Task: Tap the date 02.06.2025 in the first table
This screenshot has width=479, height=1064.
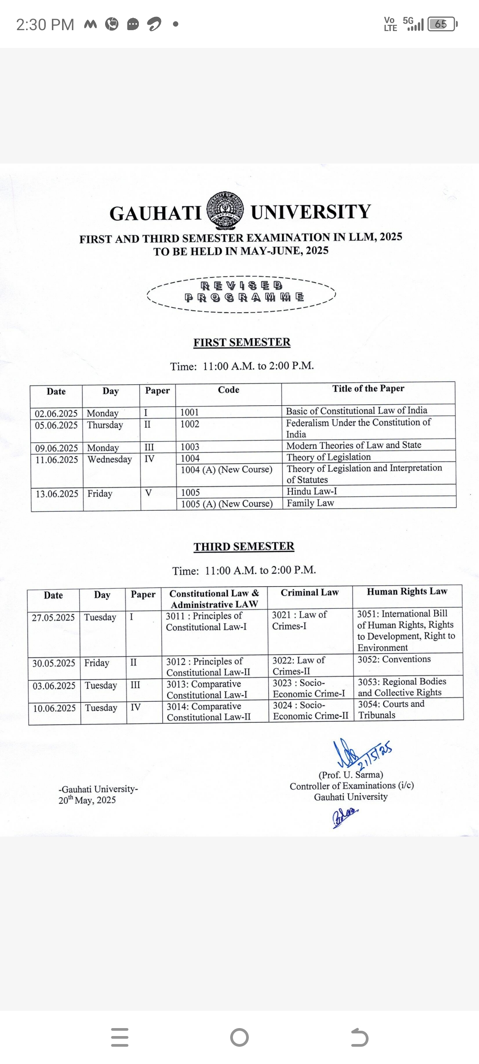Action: pos(56,414)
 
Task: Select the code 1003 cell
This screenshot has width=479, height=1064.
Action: pos(190,447)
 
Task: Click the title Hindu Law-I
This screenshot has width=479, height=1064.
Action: pos(312,491)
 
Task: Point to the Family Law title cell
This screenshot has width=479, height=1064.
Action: pos(310,503)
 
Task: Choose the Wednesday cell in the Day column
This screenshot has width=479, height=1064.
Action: pos(110,459)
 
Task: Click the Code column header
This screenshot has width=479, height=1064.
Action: pos(228,390)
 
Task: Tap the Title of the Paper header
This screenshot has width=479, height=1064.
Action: pos(368,388)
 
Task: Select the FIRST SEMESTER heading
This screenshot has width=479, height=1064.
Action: pos(242,342)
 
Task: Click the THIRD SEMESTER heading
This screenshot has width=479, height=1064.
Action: pos(244,546)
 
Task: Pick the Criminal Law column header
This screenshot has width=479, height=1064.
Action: pos(310,592)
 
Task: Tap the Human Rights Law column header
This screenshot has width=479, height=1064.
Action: pos(407,591)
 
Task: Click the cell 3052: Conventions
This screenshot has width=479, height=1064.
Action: pos(394,659)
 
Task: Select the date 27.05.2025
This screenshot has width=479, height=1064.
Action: pos(53,618)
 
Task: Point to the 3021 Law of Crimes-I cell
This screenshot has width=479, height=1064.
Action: pos(299,620)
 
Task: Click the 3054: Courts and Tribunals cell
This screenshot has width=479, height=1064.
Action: pos(391,709)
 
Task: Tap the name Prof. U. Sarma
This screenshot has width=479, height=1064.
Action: pos(351,775)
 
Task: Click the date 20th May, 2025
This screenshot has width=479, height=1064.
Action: pos(87,800)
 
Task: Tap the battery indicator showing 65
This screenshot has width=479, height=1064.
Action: pos(442,24)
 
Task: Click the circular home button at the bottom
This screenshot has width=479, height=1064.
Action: pos(239,1037)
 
